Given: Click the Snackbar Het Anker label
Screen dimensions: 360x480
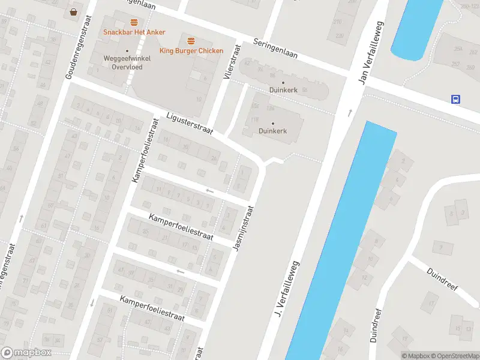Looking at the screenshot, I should (x=134, y=32).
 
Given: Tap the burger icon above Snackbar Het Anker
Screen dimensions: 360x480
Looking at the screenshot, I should (x=134, y=22).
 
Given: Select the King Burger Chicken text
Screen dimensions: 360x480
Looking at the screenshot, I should (x=191, y=51).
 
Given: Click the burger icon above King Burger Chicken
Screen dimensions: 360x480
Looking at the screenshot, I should (x=191, y=41).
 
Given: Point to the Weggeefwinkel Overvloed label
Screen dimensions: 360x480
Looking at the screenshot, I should (x=127, y=63).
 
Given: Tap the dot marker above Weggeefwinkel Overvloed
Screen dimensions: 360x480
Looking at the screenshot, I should (x=127, y=52).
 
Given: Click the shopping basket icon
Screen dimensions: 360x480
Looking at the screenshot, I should (x=73, y=11).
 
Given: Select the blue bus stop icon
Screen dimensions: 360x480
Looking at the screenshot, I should (x=456, y=100).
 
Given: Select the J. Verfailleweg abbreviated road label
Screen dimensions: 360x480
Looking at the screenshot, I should (x=287, y=289).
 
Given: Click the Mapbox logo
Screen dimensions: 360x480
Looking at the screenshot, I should (x=26, y=353).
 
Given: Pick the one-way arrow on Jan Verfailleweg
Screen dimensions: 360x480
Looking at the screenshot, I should (x=350, y=113).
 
